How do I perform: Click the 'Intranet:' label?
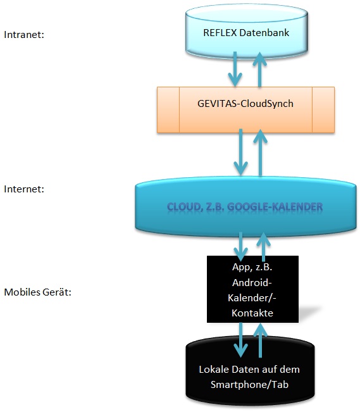click(x=24, y=35)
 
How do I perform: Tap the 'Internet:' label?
click(x=24, y=189)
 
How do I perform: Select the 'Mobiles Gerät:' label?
click(x=37, y=292)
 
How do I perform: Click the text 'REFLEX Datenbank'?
click(x=246, y=32)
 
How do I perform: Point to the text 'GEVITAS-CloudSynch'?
click(x=245, y=104)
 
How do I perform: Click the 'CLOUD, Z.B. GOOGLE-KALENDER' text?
click(x=245, y=207)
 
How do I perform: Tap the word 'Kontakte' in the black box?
click(x=252, y=313)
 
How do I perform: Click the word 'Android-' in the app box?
click(x=252, y=283)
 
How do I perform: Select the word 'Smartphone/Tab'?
click(x=250, y=384)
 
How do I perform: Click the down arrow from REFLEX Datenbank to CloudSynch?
click(x=235, y=69)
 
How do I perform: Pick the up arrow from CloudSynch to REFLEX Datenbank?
click(x=259, y=70)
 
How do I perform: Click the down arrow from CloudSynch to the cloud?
click(x=240, y=152)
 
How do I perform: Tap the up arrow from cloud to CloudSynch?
click(x=261, y=153)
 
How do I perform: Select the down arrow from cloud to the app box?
click(x=240, y=246)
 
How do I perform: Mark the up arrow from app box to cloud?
click(x=263, y=247)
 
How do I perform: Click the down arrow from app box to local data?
click(x=240, y=340)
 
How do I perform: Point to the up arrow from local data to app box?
click(x=261, y=340)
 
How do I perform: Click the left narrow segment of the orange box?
click(x=168, y=110)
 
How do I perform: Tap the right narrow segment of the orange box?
click(x=323, y=110)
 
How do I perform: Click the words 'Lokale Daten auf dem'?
click(x=249, y=370)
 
